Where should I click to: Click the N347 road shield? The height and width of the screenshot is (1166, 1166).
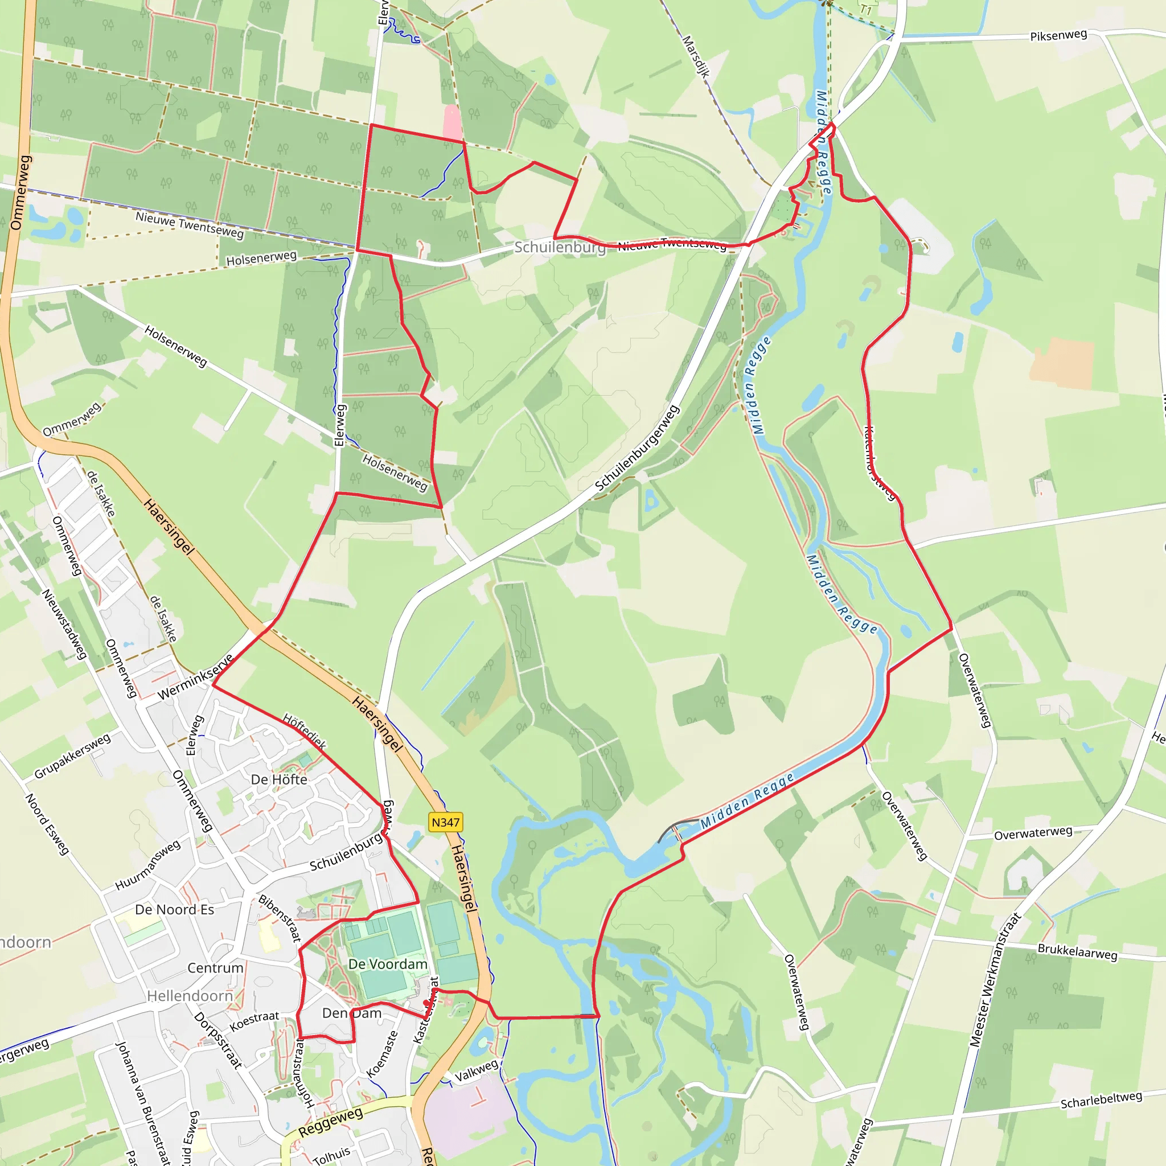pos(445,822)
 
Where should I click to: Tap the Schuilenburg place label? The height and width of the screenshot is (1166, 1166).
pos(560,247)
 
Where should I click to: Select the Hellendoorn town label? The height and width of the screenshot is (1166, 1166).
pos(190,996)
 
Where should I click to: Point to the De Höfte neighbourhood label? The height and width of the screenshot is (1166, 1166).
pos(279,780)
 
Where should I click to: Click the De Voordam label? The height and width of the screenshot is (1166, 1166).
pos(388,964)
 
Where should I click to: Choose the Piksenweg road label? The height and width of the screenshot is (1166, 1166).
pos(1058,36)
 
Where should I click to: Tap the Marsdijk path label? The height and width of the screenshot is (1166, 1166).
pos(695,56)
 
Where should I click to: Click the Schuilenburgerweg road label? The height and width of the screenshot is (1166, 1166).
pos(637,449)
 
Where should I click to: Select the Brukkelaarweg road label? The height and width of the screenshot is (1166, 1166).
pos(1077,952)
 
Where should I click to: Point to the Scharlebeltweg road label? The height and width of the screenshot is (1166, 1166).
pos(1102,1099)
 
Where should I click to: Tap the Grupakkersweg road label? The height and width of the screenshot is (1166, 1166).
pos(72,756)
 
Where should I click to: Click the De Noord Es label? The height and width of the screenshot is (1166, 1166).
pos(174,909)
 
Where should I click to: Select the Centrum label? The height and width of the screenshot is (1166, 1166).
pos(215,968)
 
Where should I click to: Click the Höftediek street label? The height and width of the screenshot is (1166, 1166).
pos(304,732)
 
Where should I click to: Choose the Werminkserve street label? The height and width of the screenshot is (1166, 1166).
pos(195,677)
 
